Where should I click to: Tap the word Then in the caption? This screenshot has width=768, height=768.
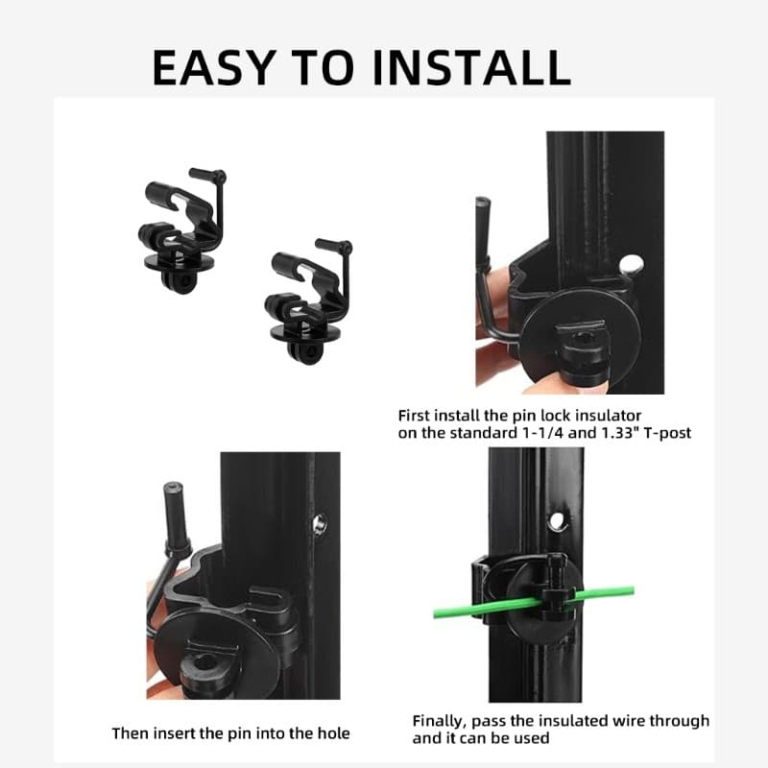pyautogui.click(x=132, y=733)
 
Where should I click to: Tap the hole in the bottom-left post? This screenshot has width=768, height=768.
pyautogui.click(x=319, y=521)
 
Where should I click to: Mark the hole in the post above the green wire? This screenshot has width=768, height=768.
pyautogui.click(x=556, y=522)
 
